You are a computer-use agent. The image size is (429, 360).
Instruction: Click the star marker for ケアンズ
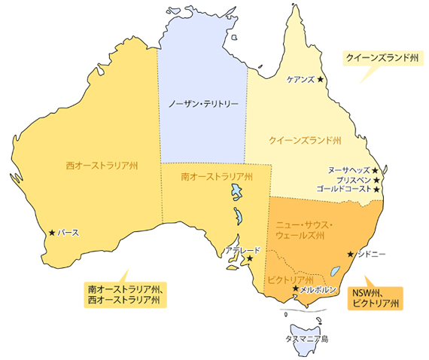coord(320,79)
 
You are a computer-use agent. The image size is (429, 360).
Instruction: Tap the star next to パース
coord(51,233)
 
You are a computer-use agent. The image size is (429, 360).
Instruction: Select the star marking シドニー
coord(350,254)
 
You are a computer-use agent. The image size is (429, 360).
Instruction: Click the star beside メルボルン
coord(294,288)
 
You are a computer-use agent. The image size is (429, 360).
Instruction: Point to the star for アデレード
coord(250,258)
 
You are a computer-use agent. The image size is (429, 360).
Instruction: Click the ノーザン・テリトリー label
coord(203,103)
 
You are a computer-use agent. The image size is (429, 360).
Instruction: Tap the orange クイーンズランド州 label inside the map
coord(305,140)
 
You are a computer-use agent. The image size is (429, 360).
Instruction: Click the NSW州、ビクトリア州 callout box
coord(375,299)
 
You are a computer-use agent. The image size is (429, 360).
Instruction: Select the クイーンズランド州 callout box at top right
coord(381,57)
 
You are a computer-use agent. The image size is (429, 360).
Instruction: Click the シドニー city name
coord(370,255)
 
